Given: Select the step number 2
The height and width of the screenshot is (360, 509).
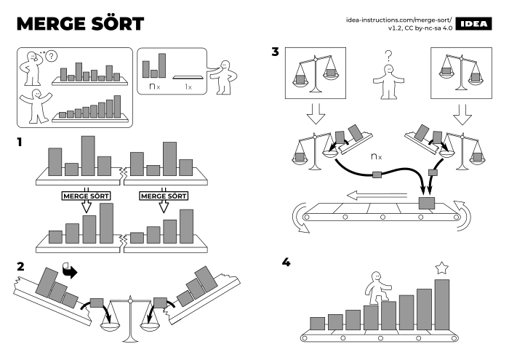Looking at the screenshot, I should click(21, 266).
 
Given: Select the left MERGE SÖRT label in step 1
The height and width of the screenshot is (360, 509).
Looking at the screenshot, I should click(86, 196).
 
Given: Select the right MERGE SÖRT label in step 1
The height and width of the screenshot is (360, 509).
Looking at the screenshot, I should click(164, 196).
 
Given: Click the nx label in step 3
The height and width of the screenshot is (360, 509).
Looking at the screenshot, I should click(376, 156).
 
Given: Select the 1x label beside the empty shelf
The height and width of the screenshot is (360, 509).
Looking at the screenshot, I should click(188, 87).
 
